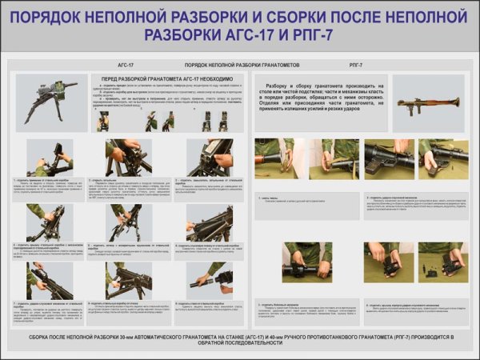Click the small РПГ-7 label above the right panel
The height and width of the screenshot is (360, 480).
[357, 64]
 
